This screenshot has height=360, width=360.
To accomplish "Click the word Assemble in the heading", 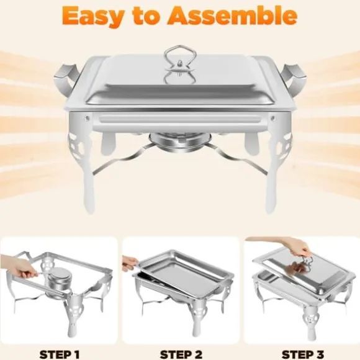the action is point(232,16).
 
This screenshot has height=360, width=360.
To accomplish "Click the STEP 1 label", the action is point(60,354).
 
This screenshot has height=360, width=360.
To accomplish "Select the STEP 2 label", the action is point(181,354).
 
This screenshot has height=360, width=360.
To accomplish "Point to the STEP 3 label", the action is point(303,354).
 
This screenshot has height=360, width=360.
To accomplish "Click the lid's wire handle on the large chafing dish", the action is point(180,58).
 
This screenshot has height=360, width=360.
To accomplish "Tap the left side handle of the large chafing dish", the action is point(66,78).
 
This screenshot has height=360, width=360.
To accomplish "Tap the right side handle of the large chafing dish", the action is point(295,78).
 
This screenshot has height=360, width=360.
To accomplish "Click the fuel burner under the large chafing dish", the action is point(180,143).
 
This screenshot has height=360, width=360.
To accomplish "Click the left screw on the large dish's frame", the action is point(87,119).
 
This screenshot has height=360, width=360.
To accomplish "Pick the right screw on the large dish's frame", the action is point(272,119).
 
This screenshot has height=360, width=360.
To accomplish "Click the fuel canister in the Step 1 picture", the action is point(58,280).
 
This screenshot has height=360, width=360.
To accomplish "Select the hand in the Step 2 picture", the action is point(130,263).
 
